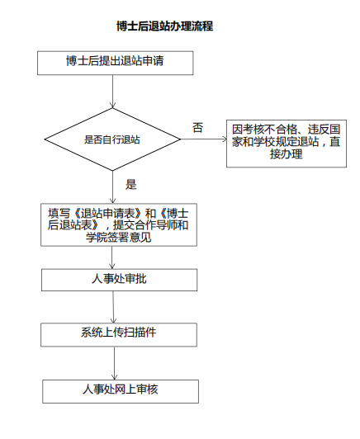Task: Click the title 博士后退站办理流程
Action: click(x=165, y=26)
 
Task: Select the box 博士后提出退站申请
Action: click(x=115, y=63)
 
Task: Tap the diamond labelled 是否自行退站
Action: click(x=112, y=139)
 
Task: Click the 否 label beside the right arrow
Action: click(x=197, y=127)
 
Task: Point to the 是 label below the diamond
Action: click(x=130, y=184)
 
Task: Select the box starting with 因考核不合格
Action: click(x=287, y=144)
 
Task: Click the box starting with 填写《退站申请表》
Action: click(x=119, y=224)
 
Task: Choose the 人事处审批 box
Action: click(x=120, y=280)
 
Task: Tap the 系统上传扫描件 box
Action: click(x=119, y=335)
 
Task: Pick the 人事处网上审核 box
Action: click(x=121, y=391)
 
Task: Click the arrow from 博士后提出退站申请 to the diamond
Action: click(x=112, y=92)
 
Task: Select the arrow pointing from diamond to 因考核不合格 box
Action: click(x=203, y=139)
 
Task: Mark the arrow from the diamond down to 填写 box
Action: click(x=112, y=187)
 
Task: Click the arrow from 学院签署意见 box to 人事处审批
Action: click(x=112, y=257)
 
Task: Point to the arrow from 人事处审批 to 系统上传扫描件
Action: click(x=113, y=307)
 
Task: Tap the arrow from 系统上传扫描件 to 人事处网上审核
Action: click(x=114, y=363)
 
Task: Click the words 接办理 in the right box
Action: click(x=287, y=153)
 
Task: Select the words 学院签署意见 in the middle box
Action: click(x=119, y=237)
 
